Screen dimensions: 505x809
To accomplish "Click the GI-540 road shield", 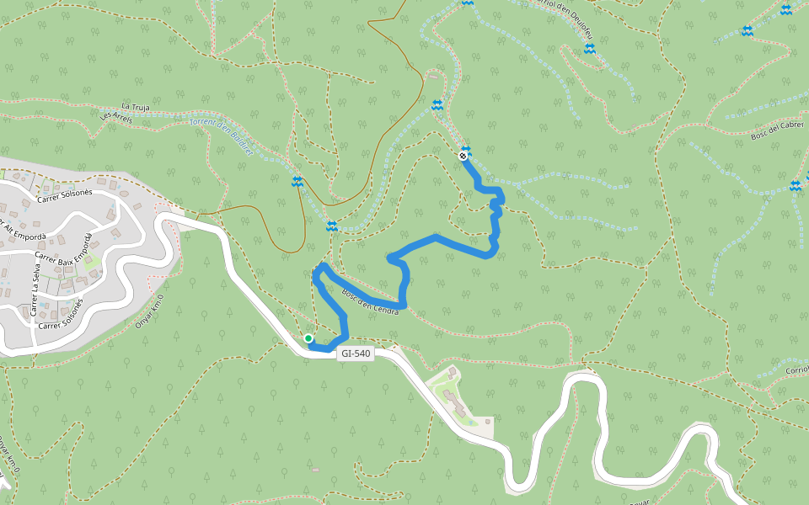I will click(355, 353).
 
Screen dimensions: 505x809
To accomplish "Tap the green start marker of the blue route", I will click(308, 338).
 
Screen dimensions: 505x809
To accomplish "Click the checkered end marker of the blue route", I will click(463, 156).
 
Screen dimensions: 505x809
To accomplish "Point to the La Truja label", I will click(135, 107).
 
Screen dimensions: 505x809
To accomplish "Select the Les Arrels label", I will click(116, 118).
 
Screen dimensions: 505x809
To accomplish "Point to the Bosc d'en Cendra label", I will click(369, 302).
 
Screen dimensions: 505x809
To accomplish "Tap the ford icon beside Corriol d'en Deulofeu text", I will click(590, 49).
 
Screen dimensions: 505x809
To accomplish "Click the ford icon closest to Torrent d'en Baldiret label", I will click(297, 182).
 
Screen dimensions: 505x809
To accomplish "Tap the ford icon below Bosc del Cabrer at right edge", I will click(795, 186).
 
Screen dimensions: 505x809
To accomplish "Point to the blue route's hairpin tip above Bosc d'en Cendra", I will click(321, 267).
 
